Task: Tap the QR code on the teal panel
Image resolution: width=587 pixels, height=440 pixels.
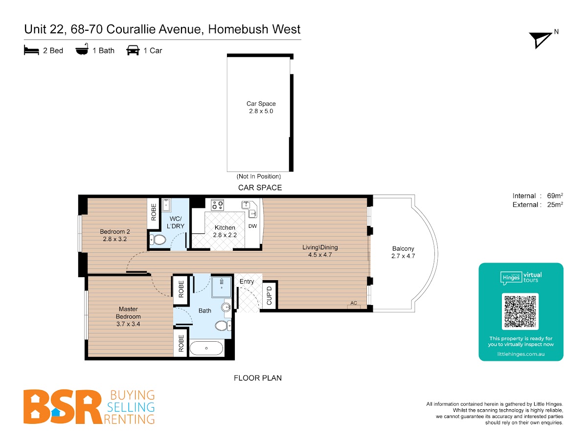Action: pos(520,311)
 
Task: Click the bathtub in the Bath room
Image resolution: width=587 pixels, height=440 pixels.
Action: pos(206,348)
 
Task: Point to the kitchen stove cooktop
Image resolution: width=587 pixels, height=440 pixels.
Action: pos(217,205)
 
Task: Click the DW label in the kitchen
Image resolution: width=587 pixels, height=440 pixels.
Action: pos(252,226)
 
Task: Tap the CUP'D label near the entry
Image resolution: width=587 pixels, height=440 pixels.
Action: pos(269,295)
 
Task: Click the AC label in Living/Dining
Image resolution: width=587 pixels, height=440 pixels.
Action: pos(354,303)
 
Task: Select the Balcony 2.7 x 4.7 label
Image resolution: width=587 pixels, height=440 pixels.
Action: pos(403,252)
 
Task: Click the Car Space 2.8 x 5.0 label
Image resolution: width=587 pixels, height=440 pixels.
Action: pos(261,107)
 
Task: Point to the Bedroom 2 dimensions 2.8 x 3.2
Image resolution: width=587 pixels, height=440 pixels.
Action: pos(115,239)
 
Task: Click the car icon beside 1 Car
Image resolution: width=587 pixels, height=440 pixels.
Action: pos(133,50)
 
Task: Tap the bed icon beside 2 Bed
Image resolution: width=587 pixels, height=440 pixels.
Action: pos(31,50)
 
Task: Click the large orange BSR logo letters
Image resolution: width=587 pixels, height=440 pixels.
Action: pos(63,407)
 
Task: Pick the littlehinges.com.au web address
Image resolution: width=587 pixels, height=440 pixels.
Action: pos(520,354)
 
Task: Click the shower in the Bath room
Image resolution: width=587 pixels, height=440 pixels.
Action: pos(222,287)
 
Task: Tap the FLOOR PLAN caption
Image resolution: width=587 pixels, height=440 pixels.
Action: pos(257,378)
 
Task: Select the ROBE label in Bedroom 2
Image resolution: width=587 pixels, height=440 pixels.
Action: pos(154,212)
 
